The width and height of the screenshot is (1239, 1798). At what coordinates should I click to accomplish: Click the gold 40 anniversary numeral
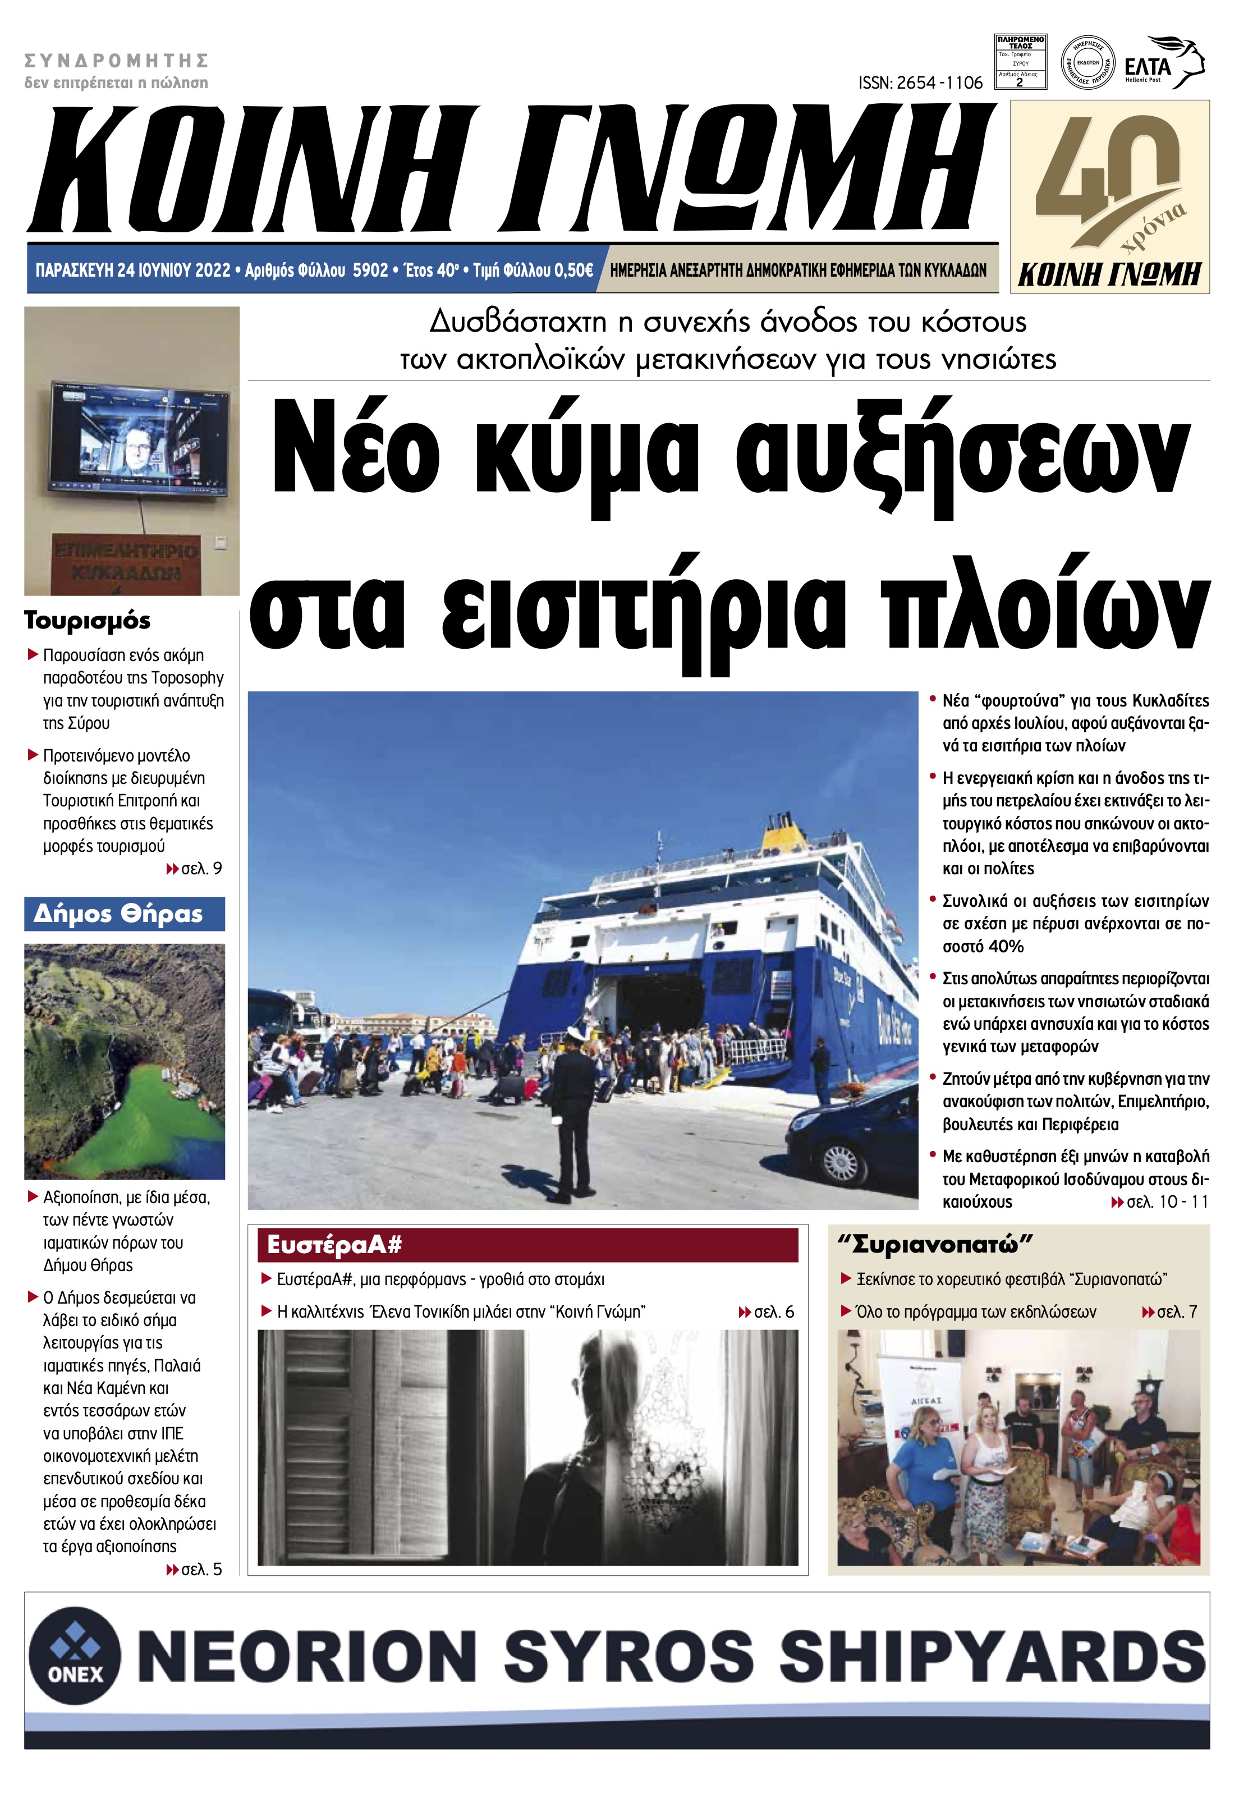pyautogui.click(x=1103, y=167)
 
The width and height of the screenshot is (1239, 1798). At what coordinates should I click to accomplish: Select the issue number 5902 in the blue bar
pyautogui.click(x=370, y=270)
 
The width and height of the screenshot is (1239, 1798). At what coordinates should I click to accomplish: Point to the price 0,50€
pyautogui.click(x=573, y=270)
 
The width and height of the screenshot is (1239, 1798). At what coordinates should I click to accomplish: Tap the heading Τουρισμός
pyautogui.click(x=88, y=620)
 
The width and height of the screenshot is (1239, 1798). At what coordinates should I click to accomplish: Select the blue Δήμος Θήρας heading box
pyautogui.click(x=124, y=914)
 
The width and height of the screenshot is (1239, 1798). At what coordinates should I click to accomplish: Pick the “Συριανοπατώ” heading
pyautogui.click(x=935, y=1245)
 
